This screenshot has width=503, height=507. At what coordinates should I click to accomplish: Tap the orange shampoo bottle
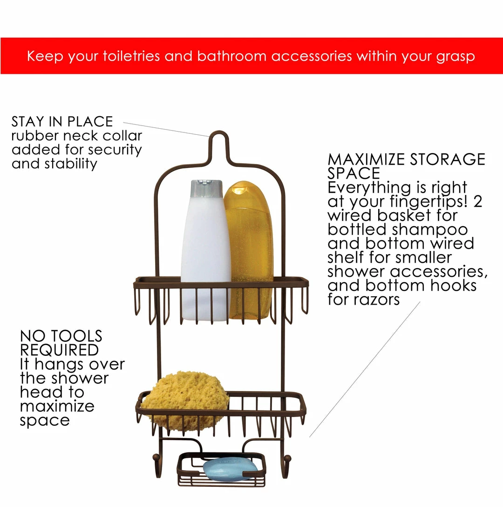pyautogui.click(x=249, y=249)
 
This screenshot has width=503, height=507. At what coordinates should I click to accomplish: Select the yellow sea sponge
pyautogui.click(x=185, y=401)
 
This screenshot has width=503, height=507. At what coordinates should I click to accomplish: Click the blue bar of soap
pyautogui.click(x=230, y=469)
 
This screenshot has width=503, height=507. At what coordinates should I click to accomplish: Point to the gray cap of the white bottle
pyautogui.click(x=207, y=188)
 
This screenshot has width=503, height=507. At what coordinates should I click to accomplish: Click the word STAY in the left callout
pyautogui.click(x=28, y=122)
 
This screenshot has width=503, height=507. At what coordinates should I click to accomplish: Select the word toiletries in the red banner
pyautogui.click(x=131, y=56)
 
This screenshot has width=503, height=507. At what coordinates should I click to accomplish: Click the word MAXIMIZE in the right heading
pyautogui.click(x=366, y=160)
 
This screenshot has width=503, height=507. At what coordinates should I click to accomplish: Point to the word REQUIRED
pyautogui.click(x=60, y=350)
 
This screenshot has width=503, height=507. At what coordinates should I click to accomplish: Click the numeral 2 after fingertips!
pyautogui.click(x=478, y=201)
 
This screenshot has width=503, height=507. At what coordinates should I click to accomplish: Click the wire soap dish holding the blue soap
pyautogui.click(x=222, y=470)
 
